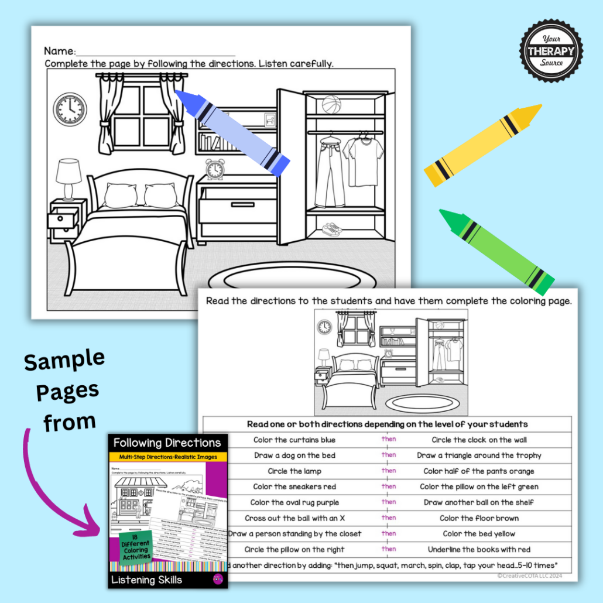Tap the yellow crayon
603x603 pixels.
pyautogui.click(x=482, y=146)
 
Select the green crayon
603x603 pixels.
pyautogui.click(x=496, y=252)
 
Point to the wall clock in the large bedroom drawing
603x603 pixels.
pyautogui.click(x=70, y=110)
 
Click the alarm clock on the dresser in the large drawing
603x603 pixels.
pyautogui.click(x=214, y=169)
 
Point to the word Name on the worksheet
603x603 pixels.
pyautogui.click(x=60, y=51)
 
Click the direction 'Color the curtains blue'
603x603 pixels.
pyautogui.click(x=294, y=440)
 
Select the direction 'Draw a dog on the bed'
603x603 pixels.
pyautogui.click(x=294, y=455)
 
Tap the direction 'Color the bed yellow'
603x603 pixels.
pyautogui.click(x=478, y=534)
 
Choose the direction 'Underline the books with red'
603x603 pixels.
pyautogui.click(x=478, y=550)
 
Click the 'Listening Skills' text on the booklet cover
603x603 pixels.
pyautogui.click(x=146, y=580)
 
